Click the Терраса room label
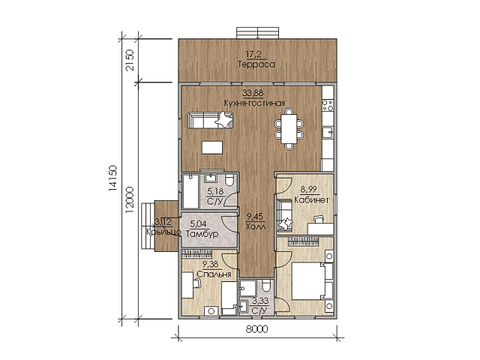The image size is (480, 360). [x=256, y=64]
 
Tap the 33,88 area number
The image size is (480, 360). [x=253, y=92]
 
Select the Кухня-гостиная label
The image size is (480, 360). [x=254, y=103]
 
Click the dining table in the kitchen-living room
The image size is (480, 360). [x=289, y=129]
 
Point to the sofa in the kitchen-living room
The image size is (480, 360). [x=210, y=120]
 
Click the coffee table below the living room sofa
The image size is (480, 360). [x=212, y=147]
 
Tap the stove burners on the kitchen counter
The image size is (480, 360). [x=328, y=105]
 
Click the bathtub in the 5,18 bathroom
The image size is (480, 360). [x=190, y=191]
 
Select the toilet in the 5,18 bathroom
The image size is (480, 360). [x=229, y=180]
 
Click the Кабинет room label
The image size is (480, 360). [x=311, y=200]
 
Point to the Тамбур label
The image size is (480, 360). [x=202, y=234]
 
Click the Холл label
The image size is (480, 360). [x=256, y=226]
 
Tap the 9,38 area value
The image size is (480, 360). [x=210, y=264]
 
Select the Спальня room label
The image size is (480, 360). [x=214, y=274]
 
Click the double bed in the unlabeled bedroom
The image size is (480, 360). [x=308, y=280]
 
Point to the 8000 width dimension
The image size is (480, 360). [x=256, y=329]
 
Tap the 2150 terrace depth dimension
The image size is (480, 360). [x=130, y=60]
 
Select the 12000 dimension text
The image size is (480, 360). [x=130, y=199]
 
